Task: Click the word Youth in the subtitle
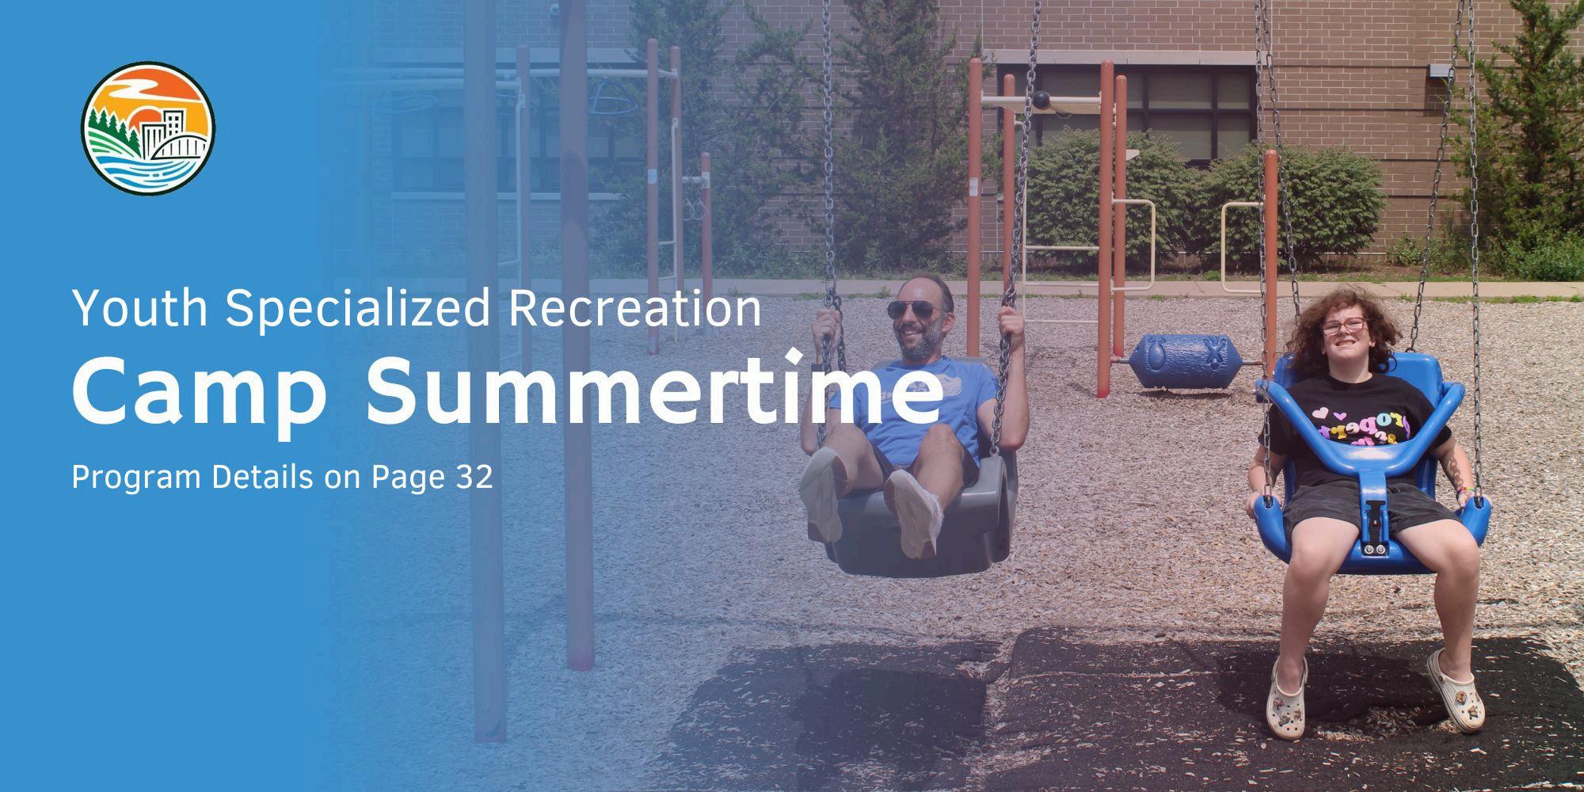[139, 308]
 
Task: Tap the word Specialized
[357, 309]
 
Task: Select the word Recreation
[634, 308]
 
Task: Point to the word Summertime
[654, 389]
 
